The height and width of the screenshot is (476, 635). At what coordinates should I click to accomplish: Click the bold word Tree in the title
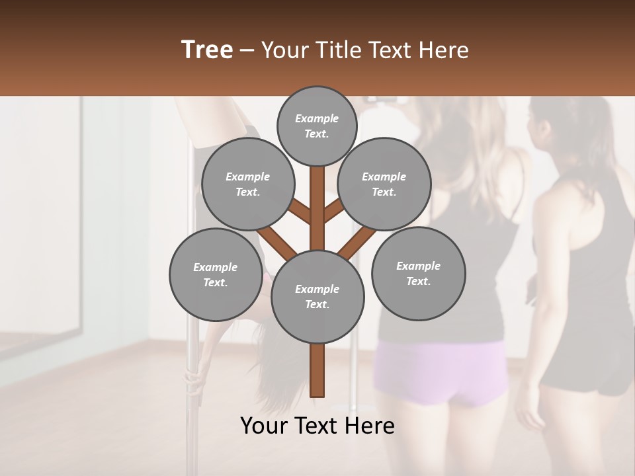tap(207, 50)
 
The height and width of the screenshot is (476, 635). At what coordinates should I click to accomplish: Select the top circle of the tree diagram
tap(317, 126)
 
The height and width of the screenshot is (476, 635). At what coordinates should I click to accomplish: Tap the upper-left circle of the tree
tap(247, 184)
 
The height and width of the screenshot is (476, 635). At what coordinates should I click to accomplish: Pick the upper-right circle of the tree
tap(384, 184)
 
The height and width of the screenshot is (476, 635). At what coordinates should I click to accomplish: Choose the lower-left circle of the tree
tap(215, 274)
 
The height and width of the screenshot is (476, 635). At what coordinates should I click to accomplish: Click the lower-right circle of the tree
tap(418, 274)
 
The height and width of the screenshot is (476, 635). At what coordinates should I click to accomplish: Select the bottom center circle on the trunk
tap(317, 297)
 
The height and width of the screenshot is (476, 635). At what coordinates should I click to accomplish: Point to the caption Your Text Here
tap(317, 426)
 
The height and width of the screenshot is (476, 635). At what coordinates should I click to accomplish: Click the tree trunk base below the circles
tap(317, 370)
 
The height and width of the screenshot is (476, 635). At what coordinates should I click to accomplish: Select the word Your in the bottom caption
tap(263, 426)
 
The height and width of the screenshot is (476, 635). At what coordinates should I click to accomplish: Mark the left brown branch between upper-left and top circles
tap(299, 211)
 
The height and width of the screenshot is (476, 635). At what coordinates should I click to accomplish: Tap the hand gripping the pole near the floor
tap(192, 380)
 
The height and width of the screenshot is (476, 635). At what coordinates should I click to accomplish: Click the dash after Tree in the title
tap(247, 51)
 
